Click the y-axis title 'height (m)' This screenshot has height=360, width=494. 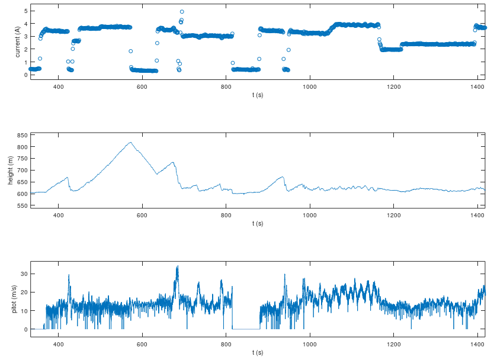coord(10,170)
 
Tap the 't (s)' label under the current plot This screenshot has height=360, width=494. coord(257,95)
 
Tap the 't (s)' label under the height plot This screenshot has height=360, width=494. coord(257,223)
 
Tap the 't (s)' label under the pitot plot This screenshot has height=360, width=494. coord(257,352)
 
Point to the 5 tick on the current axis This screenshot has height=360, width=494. coord(25,11)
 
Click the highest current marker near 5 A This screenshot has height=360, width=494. coord(182,12)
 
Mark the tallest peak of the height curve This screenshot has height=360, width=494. coord(130,142)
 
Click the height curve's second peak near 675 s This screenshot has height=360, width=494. coord(173,162)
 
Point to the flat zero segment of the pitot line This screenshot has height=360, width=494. coord(246,329)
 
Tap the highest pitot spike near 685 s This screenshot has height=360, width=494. coord(177,266)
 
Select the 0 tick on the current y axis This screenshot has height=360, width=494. coord(25,75)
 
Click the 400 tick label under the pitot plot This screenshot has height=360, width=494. coord(59,345)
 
